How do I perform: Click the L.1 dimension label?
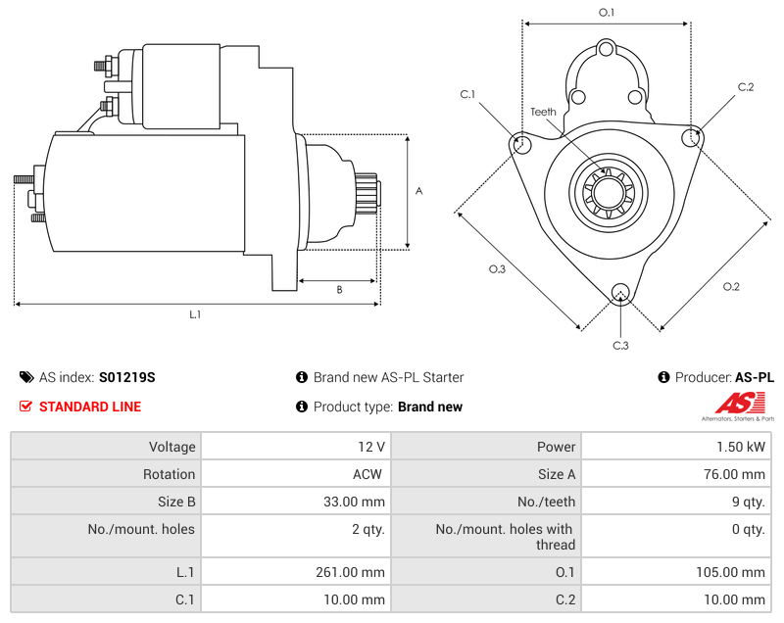(x=195, y=314)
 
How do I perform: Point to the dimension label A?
(x=418, y=191)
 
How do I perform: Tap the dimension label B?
(x=339, y=289)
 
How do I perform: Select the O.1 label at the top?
(x=607, y=13)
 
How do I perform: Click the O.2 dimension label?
(x=731, y=286)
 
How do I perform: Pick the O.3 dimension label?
(x=497, y=269)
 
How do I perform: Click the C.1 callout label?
(x=467, y=94)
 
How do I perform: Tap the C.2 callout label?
(x=746, y=87)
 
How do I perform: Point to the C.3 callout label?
(x=620, y=345)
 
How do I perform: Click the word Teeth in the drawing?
(x=543, y=112)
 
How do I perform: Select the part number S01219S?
(x=127, y=377)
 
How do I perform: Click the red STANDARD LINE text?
(x=90, y=407)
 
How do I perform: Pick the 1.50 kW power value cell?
(x=742, y=447)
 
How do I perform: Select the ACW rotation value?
(x=368, y=474)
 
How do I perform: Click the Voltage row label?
(x=171, y=447)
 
